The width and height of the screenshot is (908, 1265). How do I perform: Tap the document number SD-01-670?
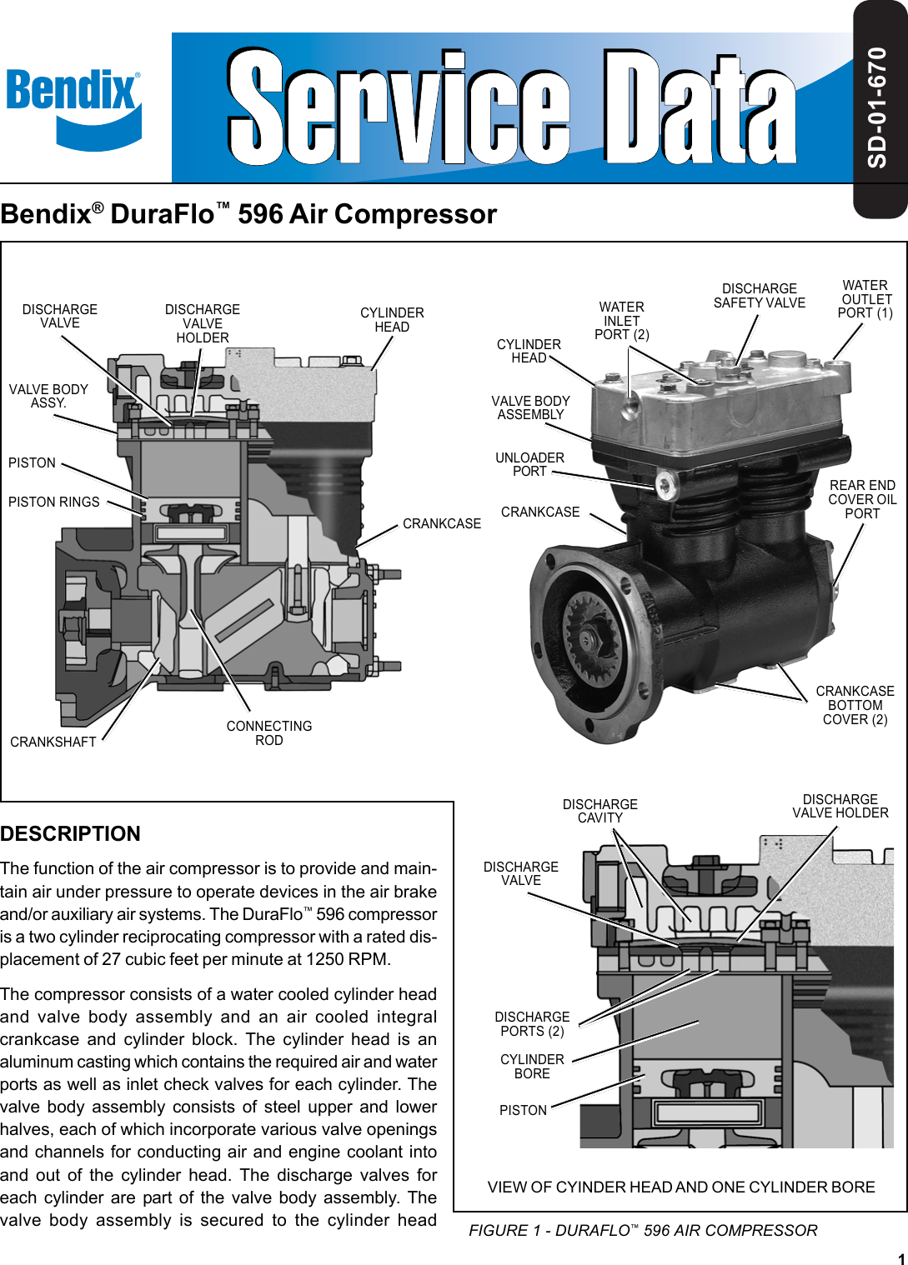pyautogui.click(x=878, y=108)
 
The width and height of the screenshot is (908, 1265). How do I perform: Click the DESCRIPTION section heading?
pyautogui.click(x=70, y=834)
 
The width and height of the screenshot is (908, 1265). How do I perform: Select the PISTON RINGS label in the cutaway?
pyautogui.click(x=54, y=502)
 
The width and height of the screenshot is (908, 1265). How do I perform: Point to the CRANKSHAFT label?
pyautogui.click(x=53, y=742)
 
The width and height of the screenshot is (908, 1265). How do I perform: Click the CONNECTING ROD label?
pyautogui.click(x=268, y=733)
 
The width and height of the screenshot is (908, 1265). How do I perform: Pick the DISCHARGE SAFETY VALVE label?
pyautogui.click(x=759, y=296)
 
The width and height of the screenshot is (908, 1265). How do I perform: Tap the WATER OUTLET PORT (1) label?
pyautogui.click(x=865, y=299)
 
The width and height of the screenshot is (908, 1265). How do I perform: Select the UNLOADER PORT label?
pyautogui.click(x=529, y=465)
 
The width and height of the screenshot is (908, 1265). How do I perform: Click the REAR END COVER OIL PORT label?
pyautogui.click(x=862, y=499)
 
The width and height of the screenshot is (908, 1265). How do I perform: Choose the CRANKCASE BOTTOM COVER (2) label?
pyautogui.click(x=855, y=705)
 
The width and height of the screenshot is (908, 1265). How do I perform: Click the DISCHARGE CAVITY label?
pyautogui.click(x=599, y=811)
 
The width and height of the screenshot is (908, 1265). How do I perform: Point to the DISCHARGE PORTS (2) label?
pyautogui.click(x=532, y=1024)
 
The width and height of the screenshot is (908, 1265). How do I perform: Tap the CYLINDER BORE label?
pyautogui.click(x=532, y=1067)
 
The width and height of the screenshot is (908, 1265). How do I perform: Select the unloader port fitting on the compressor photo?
pyautogui.click(x=665, y=486)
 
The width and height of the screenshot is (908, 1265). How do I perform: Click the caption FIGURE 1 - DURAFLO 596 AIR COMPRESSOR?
pyautogui.click(x=643, y=1231)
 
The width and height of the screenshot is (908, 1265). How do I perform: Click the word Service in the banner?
pyautogui.click(x=399, y=108)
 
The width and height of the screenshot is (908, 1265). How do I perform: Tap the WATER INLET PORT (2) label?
pyautogui.click(x=621, y=321)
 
